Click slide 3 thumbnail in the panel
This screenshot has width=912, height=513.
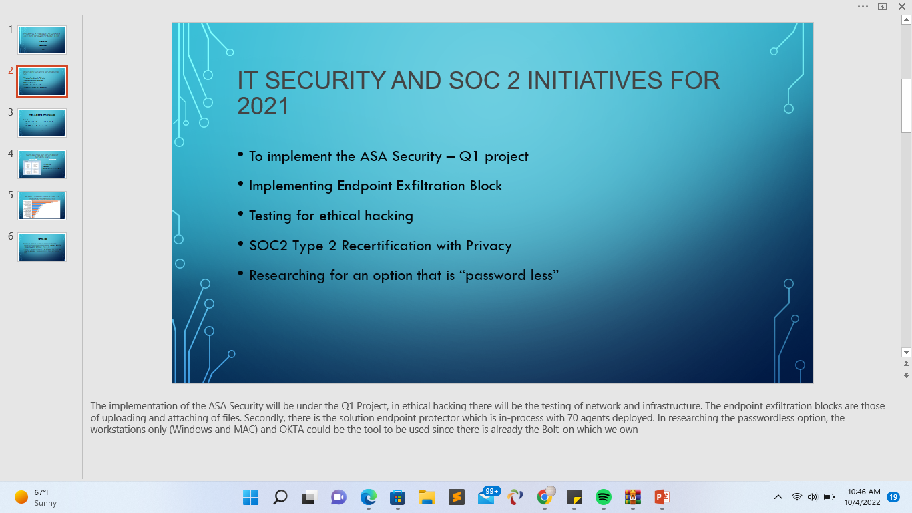click(42, 122)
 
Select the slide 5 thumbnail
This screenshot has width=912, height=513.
click(42, 205)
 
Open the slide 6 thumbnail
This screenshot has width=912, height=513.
click(42, 246)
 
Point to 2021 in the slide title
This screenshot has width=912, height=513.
click(262, 106)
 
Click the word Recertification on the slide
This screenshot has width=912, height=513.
click(386, 246)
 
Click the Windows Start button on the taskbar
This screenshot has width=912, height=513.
click(250, 497)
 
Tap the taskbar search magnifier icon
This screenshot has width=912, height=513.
click(280, 497)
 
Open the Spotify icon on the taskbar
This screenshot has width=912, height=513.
click(603, 497)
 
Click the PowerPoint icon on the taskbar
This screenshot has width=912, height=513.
click(662, 497)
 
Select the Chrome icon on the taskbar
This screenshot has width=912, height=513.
click(545, 497)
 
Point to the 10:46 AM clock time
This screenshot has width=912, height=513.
click(863, 492)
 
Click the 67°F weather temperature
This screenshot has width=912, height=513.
click(42, 492)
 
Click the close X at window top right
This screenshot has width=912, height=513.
click(901, 6)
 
